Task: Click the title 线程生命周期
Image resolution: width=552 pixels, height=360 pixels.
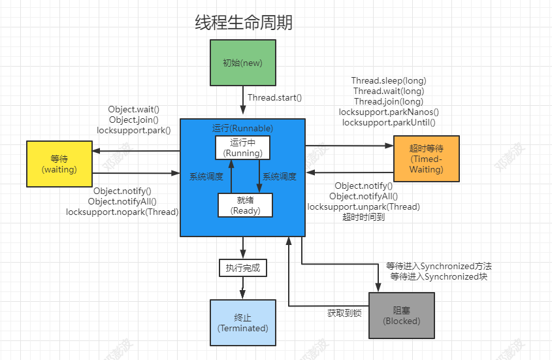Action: click(x=244, y=23)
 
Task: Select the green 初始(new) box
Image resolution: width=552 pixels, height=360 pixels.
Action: click(x=242, y=63)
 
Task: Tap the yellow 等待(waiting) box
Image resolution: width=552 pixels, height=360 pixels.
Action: click(x=59, y=164)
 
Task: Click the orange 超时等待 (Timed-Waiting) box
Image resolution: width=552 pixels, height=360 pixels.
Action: click(x=426, y=159)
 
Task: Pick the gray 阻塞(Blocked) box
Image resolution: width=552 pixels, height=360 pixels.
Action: click(x=401, y=316)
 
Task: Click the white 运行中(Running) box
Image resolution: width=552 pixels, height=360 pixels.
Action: click(x=242, y=148)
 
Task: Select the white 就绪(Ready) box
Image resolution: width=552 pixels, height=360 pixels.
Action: click(x=245, y=205)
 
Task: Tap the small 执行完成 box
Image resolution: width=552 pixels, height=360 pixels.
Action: click(x=242, y=267)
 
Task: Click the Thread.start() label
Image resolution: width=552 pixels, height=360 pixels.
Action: click(x=274, y=98)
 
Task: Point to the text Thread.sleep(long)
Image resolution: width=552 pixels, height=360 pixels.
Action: click(x=389, y=81)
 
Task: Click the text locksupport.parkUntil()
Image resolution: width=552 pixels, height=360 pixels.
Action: click(x=389, y=122)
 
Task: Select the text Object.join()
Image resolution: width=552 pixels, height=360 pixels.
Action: click(x=133, y=120)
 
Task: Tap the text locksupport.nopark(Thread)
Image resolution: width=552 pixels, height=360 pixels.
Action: click(x=122, y=212)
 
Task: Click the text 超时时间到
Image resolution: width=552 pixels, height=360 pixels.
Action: click(x=363, y=217)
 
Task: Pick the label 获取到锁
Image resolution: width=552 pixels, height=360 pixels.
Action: click(x=344, y=313)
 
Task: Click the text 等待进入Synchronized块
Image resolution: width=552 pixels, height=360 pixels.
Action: click(x=438, y=277)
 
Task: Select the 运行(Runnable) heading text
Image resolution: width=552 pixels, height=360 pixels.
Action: click(x=242, y=128)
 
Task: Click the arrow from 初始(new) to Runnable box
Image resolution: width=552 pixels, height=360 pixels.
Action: click(x=242, y=102)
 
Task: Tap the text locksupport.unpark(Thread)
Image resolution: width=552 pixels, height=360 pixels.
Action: click(x=363, y=206)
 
